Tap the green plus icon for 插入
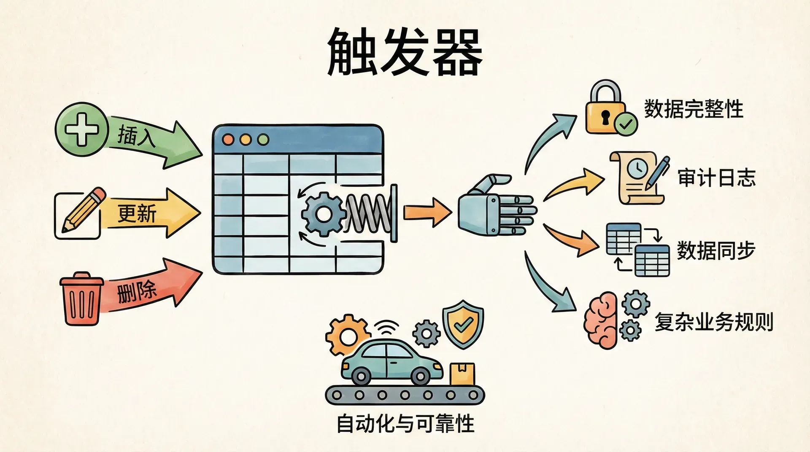click(x=81, y=129)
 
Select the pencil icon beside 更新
click(x=83, y=210)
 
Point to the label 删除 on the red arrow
click(x=136, y=291)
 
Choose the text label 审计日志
click(x=716, y=178)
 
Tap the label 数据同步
click(x=715, y=250)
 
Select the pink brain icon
click(x=601, y=320)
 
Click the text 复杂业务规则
click(x=713, y=323)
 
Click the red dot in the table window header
click(x=228, y=140)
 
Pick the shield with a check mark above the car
click(x=463, y=324)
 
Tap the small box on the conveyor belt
click(x=462, y=374)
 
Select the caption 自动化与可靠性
click(x=405, y=423)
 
